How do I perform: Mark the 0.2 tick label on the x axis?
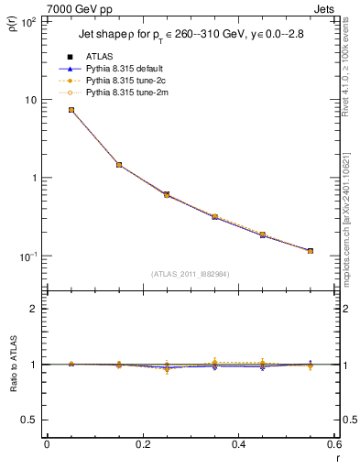[142, 444]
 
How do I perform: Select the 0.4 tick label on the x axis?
[238, 444]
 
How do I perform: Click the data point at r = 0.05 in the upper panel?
[71, 110]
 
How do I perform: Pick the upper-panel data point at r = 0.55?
[311, 251]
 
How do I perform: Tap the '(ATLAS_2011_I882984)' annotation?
[191, 274]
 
